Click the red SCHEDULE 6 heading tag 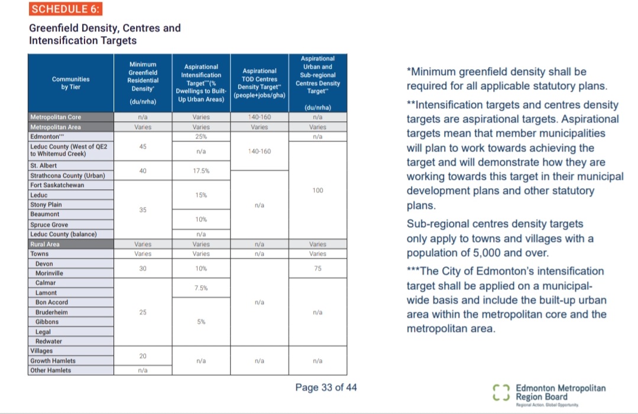(x=66, y=9)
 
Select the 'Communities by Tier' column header (x=71, y=83)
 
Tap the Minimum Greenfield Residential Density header (x=143, y=83)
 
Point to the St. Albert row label (x=44, y=166)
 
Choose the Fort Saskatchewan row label (x=57, y=185)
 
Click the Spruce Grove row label (x=49, y=225)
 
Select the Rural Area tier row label (x=45, y=244)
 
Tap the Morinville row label (x=49, y=273)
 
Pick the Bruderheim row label (x=51, y=312)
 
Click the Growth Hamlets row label (x=53, y=361)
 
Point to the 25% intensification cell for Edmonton (x=201, y=137)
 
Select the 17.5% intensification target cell (x=201, y=171)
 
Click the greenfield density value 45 (x=143, y=147)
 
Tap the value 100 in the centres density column (x=318, y=190)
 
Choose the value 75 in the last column (x=318, y=269)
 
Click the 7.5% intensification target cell (x=201, y=287)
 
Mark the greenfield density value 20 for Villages (x=143, y=355)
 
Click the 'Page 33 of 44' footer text (x=326, y=387)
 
